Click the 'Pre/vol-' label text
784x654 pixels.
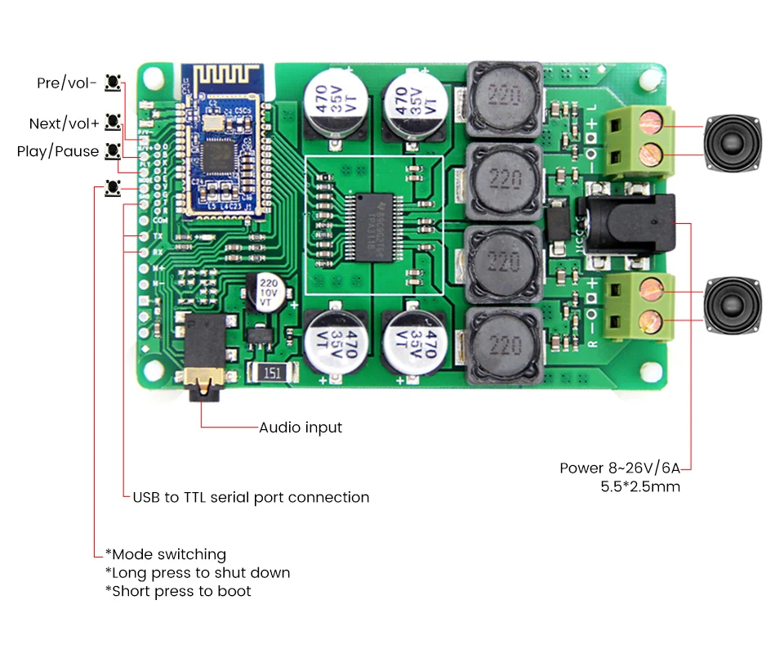tap(67, 83)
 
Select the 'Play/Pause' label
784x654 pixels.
tap(58, 151)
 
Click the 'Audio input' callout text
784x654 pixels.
tap(301, 428)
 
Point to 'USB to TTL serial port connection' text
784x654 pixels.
tap(251, 497)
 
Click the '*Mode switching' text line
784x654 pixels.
tap(166, 554)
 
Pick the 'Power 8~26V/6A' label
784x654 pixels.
tap(619, 468)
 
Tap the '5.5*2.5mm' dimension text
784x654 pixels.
tap(639, 487)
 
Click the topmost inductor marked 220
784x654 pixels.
tap(505, 98)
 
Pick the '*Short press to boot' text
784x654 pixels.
tap(178, 591)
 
